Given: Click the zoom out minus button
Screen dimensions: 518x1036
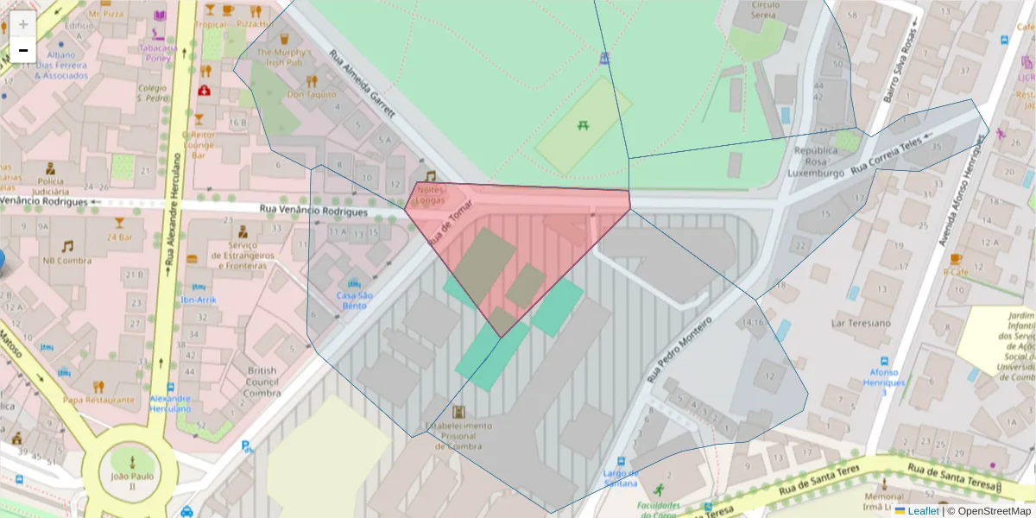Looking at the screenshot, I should point(23,50).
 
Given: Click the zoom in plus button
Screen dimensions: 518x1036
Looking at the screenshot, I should point(23,23).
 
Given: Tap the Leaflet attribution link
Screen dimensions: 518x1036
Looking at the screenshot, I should point(922,511).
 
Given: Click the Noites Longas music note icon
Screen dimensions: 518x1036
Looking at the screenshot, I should point(430,175).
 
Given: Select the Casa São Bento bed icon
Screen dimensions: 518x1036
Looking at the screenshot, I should point(354,282).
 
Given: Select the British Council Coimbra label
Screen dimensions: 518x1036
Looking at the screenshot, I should point(262,382).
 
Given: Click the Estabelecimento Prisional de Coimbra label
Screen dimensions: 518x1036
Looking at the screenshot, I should point(458,435).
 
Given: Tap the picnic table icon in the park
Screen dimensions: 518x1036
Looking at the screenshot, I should point(584,126).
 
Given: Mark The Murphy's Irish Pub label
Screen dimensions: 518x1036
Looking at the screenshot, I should point(283,58).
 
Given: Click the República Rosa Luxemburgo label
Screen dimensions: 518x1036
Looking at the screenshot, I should point(816,161).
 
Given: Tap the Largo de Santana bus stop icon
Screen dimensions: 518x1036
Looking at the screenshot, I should point(621,461).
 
